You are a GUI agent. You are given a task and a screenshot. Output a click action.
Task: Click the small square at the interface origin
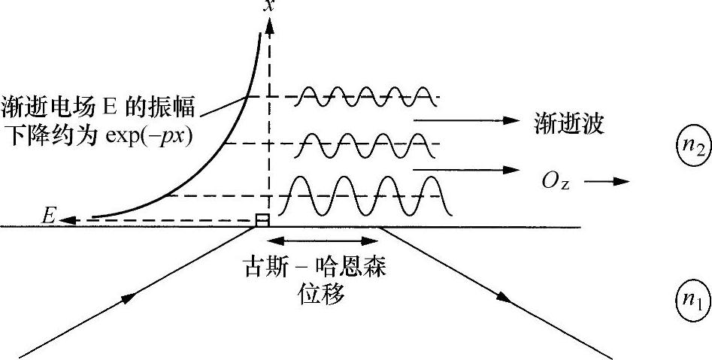point(262,219)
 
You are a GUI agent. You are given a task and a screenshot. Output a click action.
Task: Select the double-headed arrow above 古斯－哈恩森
point(323,241)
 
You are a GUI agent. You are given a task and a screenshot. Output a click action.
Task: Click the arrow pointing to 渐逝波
point(466,120)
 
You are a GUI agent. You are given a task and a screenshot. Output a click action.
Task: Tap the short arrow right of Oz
point(608,181)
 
